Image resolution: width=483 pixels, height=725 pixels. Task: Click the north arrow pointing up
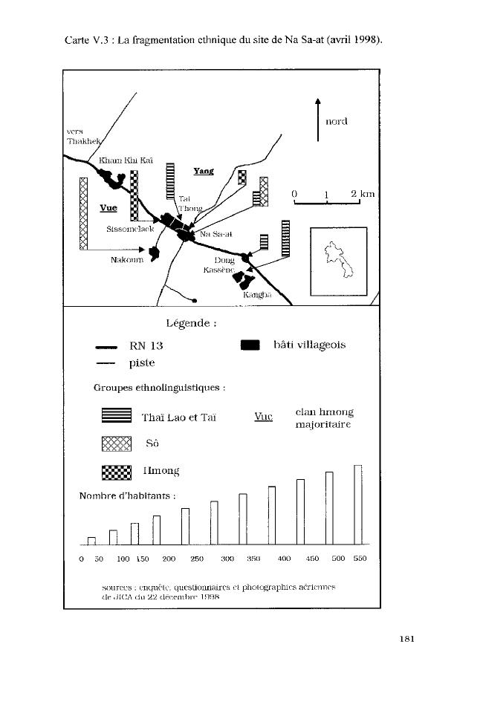pyautogui.click(x=318, y=119)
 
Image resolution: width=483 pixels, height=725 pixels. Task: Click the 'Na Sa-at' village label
pyautogui.click(x=217, y=234)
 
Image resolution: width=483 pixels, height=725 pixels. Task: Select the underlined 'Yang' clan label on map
pyautogui.click(x=203, y=171)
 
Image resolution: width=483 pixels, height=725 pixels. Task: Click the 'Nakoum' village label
pyautogui.click(x=126, y=261)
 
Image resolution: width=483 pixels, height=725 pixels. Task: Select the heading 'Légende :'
pyautogui.click(x=192, y=323)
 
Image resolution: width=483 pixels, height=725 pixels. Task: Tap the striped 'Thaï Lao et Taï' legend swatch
pyautogui.click(x=116, y=417)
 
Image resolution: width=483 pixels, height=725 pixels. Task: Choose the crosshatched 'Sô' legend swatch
pyautogui.click(x=116, y=444)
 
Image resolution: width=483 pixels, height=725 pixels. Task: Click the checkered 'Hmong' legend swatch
pyautogui.click(x=116, y=472)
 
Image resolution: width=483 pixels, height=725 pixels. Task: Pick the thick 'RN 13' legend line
pyautogui.click(x=106, y=346)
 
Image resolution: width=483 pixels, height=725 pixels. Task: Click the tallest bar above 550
pyautogui.click(x=357, y=504)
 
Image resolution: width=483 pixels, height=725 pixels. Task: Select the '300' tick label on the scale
pyautogui.click(x=227, y=559)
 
